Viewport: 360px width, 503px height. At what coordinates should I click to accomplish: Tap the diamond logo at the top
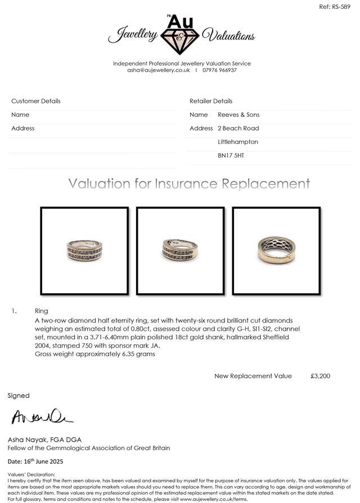181,37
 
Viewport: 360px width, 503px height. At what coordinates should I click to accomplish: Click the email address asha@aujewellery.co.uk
159,70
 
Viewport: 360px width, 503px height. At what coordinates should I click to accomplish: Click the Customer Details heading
36,101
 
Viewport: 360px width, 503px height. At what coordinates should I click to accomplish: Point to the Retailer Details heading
211,101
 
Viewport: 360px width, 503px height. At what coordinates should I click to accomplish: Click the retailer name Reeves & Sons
238,115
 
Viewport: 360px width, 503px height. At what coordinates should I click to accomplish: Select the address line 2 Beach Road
238,128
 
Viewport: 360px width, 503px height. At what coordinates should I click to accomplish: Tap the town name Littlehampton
238,142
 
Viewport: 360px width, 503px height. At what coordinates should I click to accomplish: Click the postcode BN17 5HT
231,155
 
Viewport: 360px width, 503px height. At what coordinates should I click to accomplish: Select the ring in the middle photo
180,249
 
